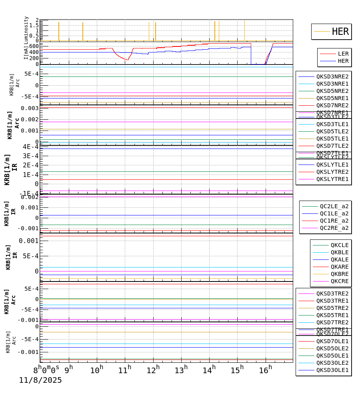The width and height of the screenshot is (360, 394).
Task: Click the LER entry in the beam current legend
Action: (x=343, y=54)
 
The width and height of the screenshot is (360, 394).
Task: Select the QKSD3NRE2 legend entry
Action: (x=332, y=76)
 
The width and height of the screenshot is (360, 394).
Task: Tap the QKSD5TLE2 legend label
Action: (x=332, y=131)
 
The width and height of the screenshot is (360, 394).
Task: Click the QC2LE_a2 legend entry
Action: (x=334, y=206)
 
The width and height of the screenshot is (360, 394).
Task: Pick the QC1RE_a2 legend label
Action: (x=334, y=221)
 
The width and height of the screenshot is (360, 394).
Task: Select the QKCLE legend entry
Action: (x=339, y=245)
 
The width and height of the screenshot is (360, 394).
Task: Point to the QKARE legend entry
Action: (x=339, y=267)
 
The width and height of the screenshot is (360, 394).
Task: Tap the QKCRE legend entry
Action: (x=339, y=281)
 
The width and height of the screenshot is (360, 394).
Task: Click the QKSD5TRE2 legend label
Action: (x=332, y=308)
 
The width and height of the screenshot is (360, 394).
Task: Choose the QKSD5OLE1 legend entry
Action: (x=332, y=356)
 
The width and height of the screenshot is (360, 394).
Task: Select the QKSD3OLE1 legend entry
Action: (x=332, y=370)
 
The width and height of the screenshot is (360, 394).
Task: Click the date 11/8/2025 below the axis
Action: (x=40, y=380)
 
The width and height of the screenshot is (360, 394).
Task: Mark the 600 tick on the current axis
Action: (x=34, y=46)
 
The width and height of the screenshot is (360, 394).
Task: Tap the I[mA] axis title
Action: (x=26, y=52)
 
